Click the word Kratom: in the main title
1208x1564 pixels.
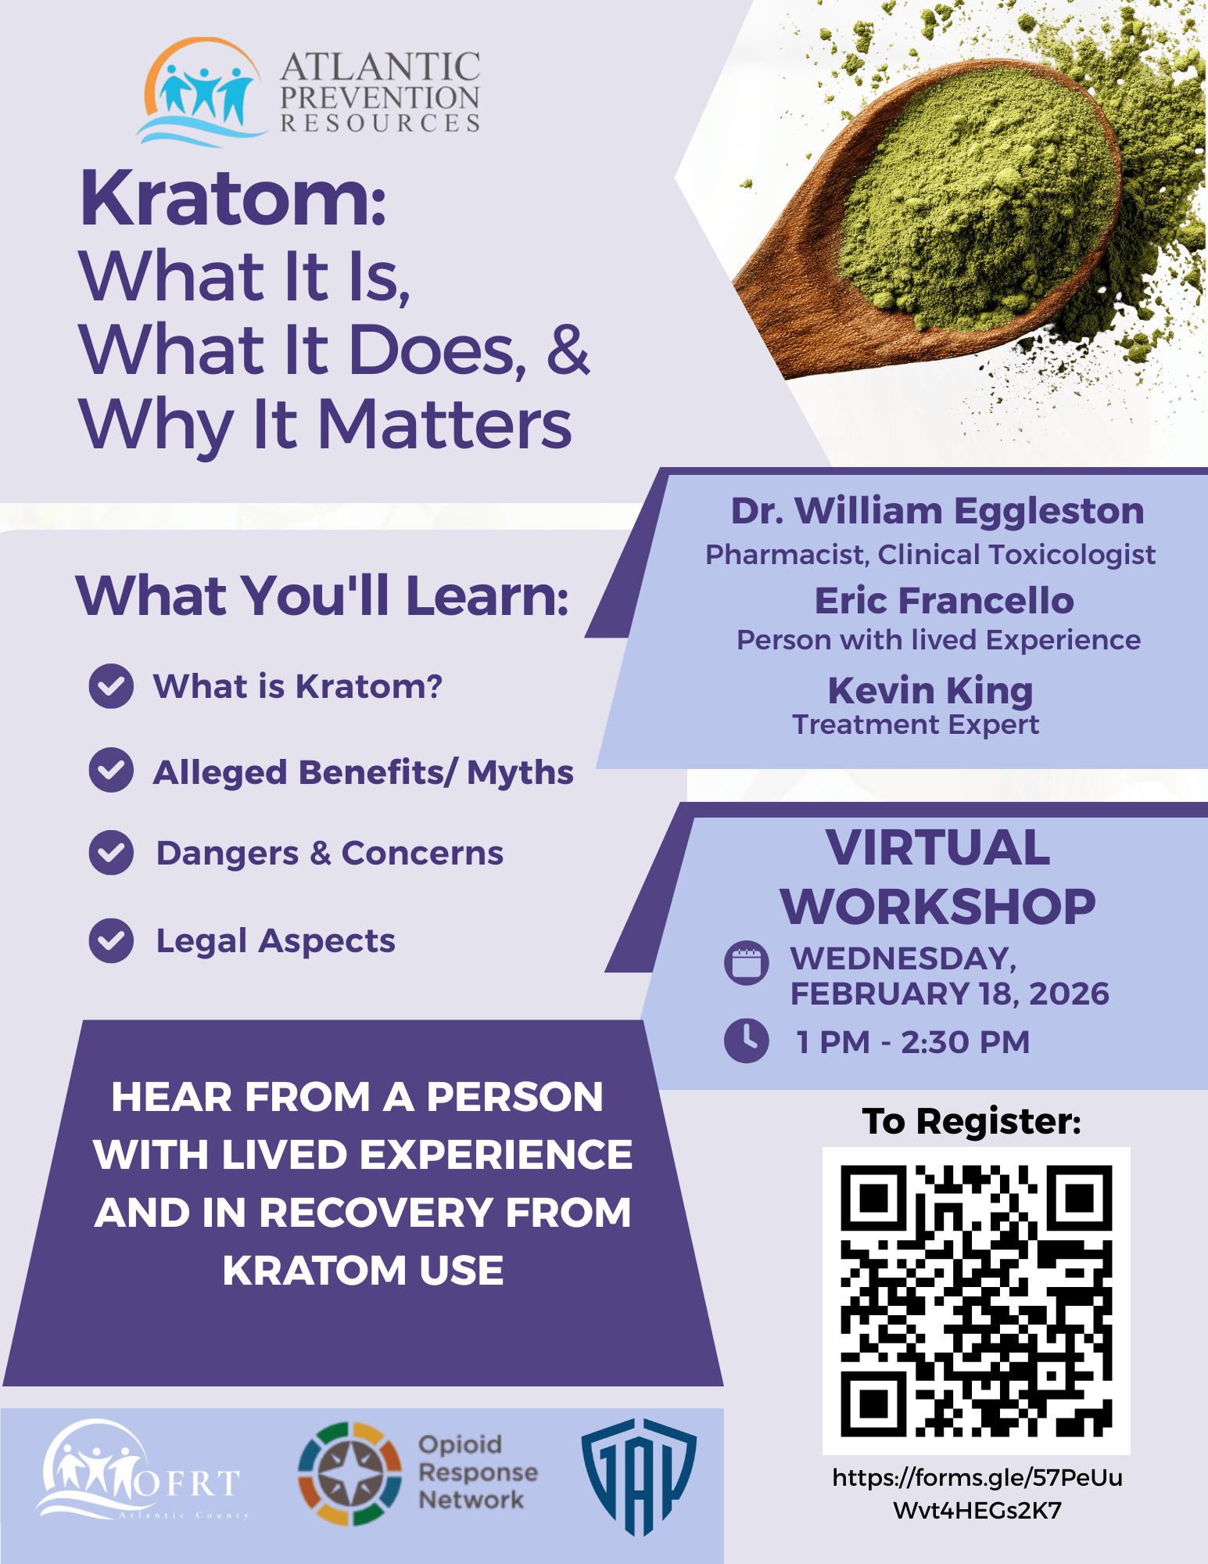[233, 199]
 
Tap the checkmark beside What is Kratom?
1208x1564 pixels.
[111, 686]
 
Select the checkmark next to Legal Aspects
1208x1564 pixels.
[111, 940]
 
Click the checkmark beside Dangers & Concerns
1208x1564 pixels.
[111, 852]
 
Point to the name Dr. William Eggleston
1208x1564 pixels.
[937, 511]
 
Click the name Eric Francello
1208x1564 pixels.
[944, 601]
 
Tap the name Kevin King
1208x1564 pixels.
[930, 691]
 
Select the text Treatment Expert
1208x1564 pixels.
[916, 724]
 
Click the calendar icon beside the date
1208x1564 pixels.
[747, 962]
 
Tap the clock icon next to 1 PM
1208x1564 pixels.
[747, 1041]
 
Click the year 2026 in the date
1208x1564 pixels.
[1069, 994]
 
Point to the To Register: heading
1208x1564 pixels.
[972, 1121]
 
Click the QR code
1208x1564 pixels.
[977, 1300]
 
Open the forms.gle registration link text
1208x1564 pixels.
[977, 1494]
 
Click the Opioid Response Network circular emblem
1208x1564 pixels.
[350, 1473]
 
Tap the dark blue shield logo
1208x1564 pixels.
[639, 1476]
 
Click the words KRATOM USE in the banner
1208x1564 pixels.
[363, 1271]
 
